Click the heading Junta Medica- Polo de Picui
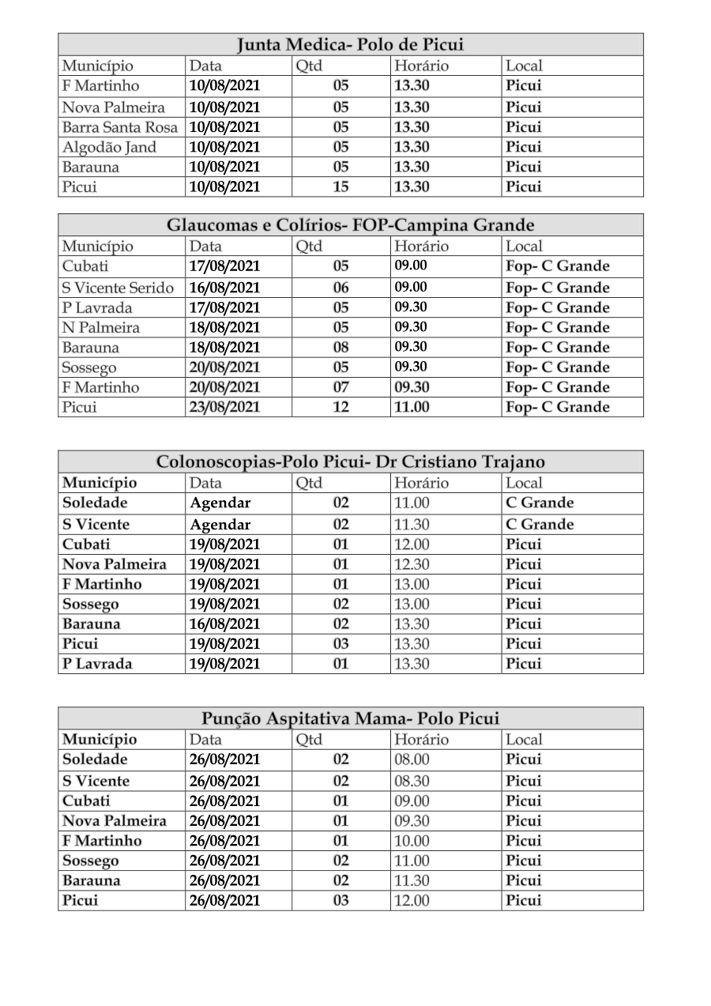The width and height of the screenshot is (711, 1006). (351, 44)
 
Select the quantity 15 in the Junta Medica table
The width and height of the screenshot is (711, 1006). (340, 187)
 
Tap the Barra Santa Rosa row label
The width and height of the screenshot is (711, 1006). (120, 127)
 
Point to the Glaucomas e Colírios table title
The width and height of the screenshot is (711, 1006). (351, 225)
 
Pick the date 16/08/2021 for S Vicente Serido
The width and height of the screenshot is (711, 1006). (224, 288)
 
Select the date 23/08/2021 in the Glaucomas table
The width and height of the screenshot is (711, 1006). (224, 408)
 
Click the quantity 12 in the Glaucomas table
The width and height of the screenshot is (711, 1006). (340, 408)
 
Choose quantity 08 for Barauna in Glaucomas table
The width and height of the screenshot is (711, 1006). (340, 348)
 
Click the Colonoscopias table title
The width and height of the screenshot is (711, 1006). (351, 462)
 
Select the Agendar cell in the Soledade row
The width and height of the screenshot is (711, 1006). (220, 503)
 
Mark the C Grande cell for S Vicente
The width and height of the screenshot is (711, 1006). (540, 525)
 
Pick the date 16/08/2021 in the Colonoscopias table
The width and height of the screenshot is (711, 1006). (224, 624)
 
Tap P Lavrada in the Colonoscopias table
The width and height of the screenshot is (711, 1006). (98, 664)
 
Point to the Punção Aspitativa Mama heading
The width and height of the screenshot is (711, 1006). (351, 718)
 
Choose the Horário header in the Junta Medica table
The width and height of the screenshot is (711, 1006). (421, 66)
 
